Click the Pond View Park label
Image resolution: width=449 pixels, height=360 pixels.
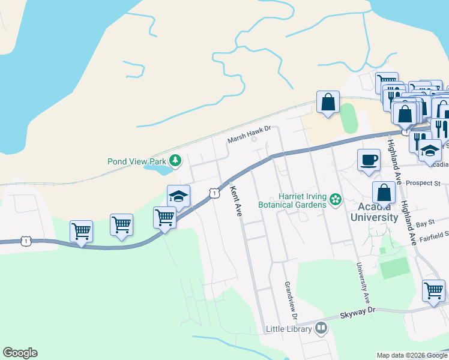tap(136, 161)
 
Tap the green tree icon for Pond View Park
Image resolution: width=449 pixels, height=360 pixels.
tap(175, 160)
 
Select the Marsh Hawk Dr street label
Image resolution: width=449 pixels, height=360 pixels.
tap(249, 139)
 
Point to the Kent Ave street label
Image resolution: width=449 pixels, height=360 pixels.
tap(236, 201)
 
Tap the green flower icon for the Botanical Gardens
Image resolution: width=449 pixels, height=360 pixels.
tap(336, 199)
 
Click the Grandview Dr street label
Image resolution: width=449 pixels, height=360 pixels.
tap(291, 301)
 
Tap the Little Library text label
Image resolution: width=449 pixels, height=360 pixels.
tap(289, 329)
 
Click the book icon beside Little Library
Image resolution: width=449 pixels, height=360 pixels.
tap(321, 328)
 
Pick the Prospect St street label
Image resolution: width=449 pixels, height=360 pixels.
tap(423, 182)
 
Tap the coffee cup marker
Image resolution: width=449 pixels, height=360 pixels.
tap(369, 160)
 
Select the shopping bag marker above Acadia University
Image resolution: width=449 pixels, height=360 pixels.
tap(384, 193)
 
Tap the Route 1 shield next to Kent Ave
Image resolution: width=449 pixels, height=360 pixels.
tap(213, 193)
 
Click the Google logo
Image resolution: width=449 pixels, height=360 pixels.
tap(20, 353)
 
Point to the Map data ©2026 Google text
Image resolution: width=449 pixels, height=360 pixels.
tap(411, 355)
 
